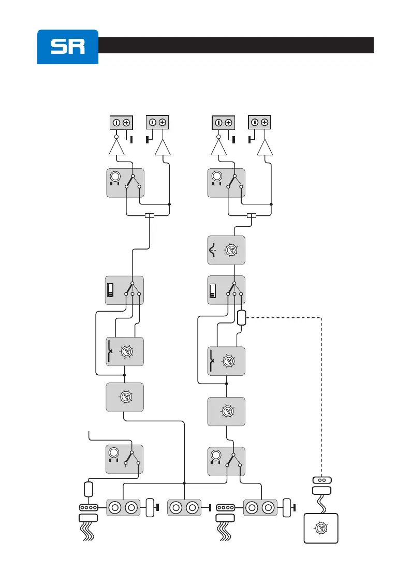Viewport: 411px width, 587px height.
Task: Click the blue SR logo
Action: click(67, 47)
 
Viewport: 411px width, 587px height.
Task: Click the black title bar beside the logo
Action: click(236, 45)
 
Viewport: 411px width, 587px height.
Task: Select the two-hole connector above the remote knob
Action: click(321, 480)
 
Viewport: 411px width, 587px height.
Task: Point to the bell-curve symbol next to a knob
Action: click(213, 251)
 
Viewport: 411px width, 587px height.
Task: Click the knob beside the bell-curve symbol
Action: click(230, 251)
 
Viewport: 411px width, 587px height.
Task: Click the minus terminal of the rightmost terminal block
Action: click(255, 123)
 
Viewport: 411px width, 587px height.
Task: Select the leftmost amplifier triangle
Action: click(116, 149)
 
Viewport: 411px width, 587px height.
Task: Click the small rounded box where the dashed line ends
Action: click(241, 317)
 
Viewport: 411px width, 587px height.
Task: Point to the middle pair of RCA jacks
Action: click(185, 508)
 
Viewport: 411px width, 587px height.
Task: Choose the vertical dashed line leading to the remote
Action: click(322, 393)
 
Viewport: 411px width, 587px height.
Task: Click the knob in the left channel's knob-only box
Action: click(125, 397)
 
